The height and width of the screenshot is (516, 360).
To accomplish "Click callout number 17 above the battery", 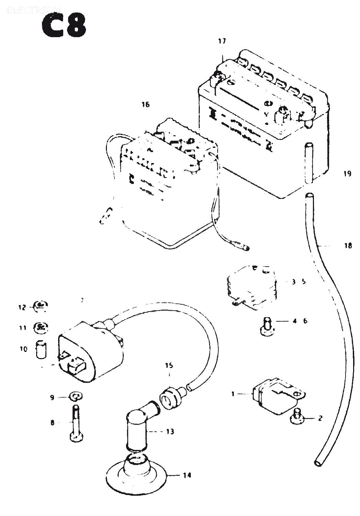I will click(x=222, y=41).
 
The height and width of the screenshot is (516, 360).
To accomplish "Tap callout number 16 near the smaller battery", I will click(x=146, y=104).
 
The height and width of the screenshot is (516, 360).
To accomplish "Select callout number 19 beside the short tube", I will click(x=347, y=173).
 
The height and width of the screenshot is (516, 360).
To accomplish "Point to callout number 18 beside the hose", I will click(x=348, y=246).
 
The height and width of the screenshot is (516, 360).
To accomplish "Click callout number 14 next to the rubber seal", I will click(x=187, y=475).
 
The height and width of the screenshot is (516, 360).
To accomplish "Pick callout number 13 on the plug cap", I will click(x=170, y=431).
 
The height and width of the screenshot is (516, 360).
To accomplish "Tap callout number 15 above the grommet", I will click(x=169, y=365).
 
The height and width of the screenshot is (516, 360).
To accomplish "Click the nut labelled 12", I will click(x=41, y=305).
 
